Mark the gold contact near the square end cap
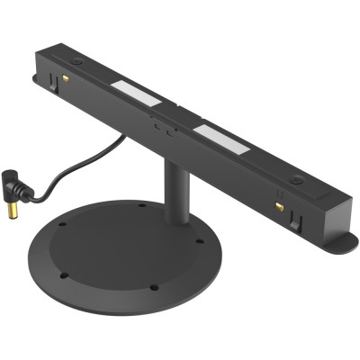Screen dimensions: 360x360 [280, 205]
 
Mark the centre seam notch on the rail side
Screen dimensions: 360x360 [163, 129]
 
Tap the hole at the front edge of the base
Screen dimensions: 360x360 [154, 288]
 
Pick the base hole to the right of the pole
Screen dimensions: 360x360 [200, 241]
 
